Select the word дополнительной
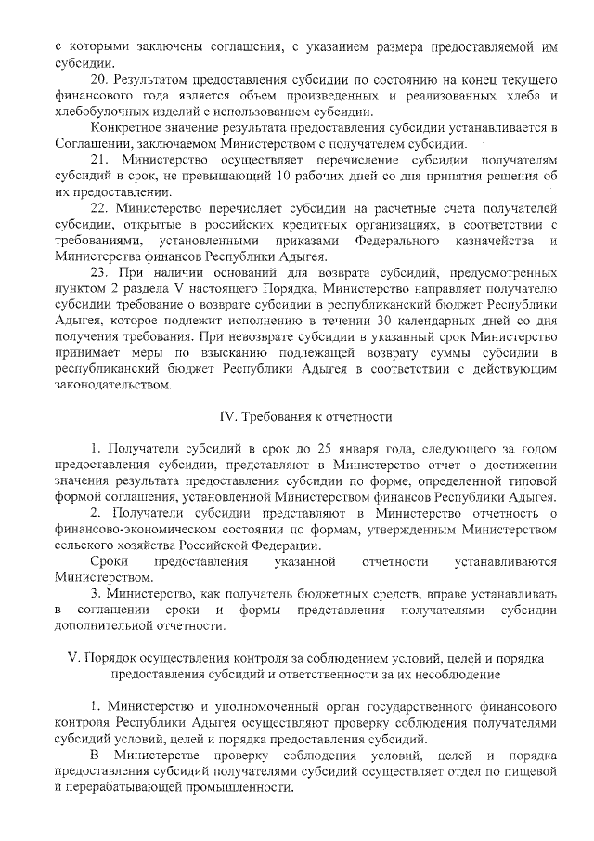(103, 627)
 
